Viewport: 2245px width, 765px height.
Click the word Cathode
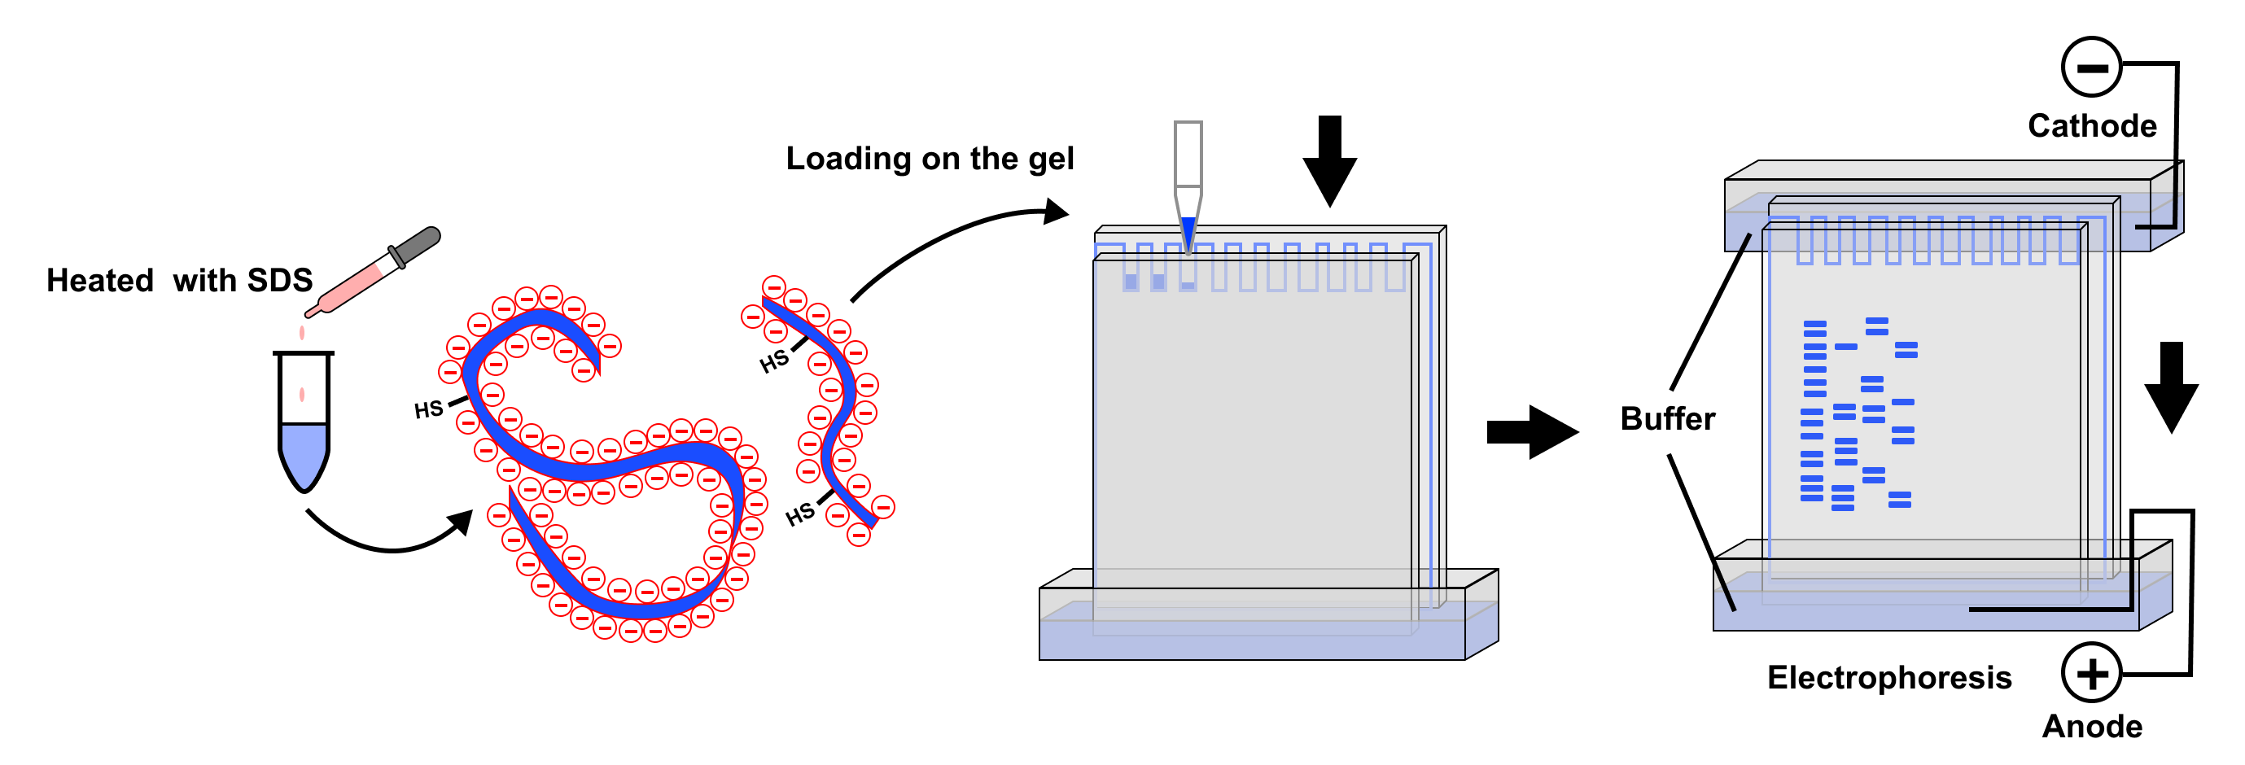point(2092,126)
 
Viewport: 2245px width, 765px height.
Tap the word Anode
point(2092,727)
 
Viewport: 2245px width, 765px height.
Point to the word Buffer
point(1667,419)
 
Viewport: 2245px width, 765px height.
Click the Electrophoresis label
point(1888,678)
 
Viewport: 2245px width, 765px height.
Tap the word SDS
point(279,281)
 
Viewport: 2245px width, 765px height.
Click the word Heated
point(99,281)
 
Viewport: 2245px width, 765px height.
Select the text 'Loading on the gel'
point(929,159)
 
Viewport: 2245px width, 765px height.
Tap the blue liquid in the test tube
point(304,453)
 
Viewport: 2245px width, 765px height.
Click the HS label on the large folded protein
point(428,409)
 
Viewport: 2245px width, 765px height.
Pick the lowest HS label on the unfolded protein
point(799,514)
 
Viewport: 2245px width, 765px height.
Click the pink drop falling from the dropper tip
point(301,333)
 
